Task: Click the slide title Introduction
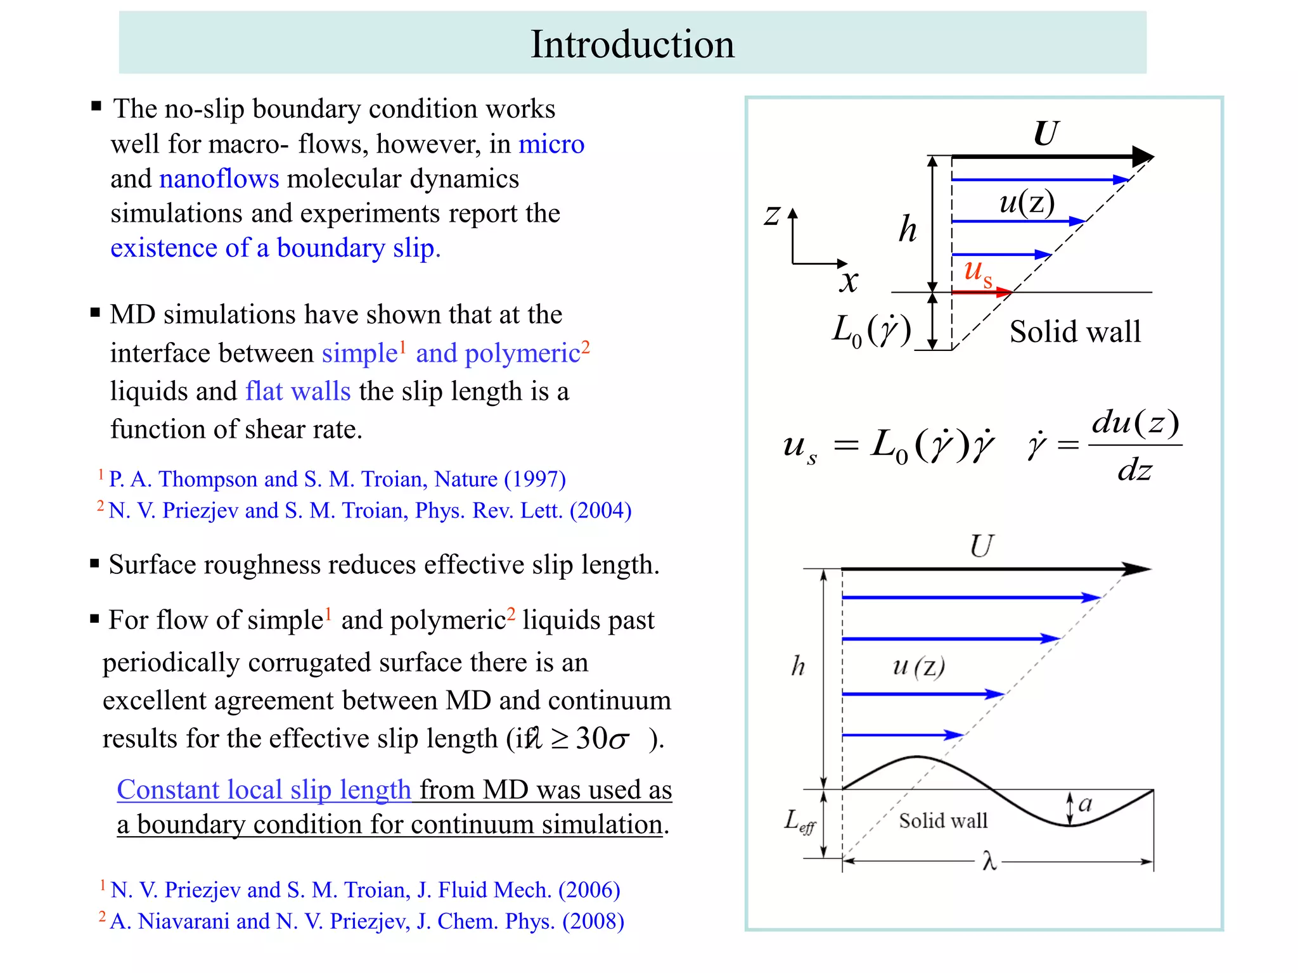click(x=632, y=44)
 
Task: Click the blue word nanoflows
click(x=219, y=179)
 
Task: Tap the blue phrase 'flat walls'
click(x=298, y=391)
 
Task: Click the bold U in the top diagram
click(x=1045, y=134)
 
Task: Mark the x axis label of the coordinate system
click(x=849, y=281)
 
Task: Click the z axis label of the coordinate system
click(x=772, y=215)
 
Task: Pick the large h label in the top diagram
click(x=908, y=229)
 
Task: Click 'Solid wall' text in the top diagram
click(x=1075, y=332)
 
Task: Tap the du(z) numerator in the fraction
click(x=1134, y=423)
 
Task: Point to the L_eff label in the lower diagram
click(x=800, y=822)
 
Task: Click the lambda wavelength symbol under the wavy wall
click(x=989, y=862)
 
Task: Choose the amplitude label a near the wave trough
click(x=1085, y=803)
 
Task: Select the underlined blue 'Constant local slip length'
click(x=264, y=790)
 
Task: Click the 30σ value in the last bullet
click(x=602, y=739)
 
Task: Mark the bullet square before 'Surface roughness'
click(x=94, y=564)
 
